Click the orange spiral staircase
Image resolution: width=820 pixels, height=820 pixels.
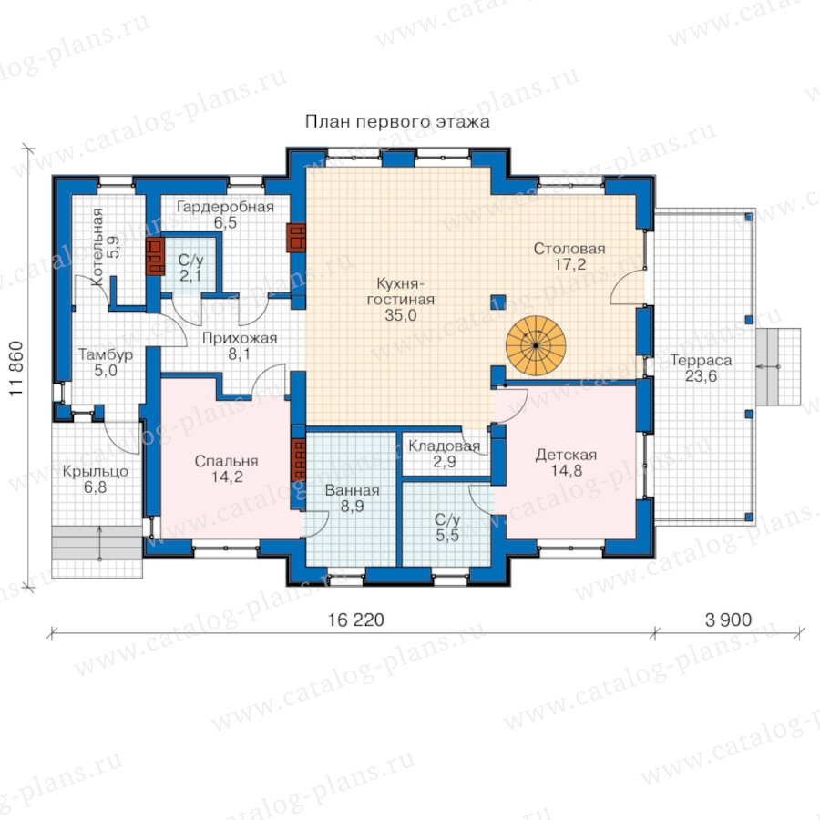(536, 345)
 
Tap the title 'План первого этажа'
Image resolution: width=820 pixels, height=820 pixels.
(397, 122)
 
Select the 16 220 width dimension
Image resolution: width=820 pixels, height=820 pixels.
(355, 620)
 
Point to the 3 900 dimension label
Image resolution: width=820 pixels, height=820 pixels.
(728, 620)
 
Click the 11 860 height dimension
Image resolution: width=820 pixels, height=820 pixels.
(16, 369)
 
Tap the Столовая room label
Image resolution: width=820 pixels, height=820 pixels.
(569, 249)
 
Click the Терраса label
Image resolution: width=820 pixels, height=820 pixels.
(701, 360)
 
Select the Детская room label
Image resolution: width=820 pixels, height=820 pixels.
(566, 455)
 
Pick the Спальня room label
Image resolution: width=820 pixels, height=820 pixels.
(227, 461)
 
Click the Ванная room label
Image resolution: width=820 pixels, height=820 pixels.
(352, 490)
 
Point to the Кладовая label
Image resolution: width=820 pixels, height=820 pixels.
(444, 446)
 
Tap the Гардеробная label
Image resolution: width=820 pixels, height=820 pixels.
(225, 207)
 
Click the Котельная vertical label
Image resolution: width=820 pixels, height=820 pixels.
(97, 247)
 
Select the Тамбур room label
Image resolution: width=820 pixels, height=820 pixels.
(106, 354)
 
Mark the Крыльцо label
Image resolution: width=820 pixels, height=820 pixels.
(95, 471)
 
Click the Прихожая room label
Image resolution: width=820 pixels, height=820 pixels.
(240, 338)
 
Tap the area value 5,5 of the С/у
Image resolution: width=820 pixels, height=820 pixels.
(447, 535)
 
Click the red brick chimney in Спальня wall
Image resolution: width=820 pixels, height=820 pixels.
(298, 459)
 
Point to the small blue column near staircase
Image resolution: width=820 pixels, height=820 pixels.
(497, 302)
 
